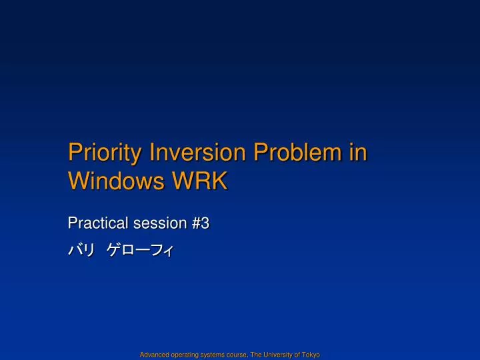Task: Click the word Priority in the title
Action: coord(105,153)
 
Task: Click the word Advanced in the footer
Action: coord(153,355)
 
